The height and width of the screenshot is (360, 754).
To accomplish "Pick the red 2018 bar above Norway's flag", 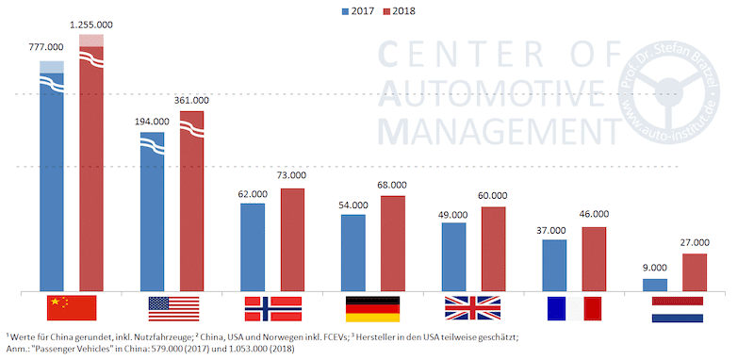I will click(292, 239).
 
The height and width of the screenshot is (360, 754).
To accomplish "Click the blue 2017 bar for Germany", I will click(353, 253).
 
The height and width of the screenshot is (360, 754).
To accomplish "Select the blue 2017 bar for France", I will click(554, 265).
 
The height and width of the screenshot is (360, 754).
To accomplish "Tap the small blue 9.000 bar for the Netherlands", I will click(655, 284).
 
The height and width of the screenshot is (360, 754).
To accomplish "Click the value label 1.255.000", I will click(91, 23).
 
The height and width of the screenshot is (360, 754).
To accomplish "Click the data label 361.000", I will click(192, 100).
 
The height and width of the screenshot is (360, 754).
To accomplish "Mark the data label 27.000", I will click(695, 242).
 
